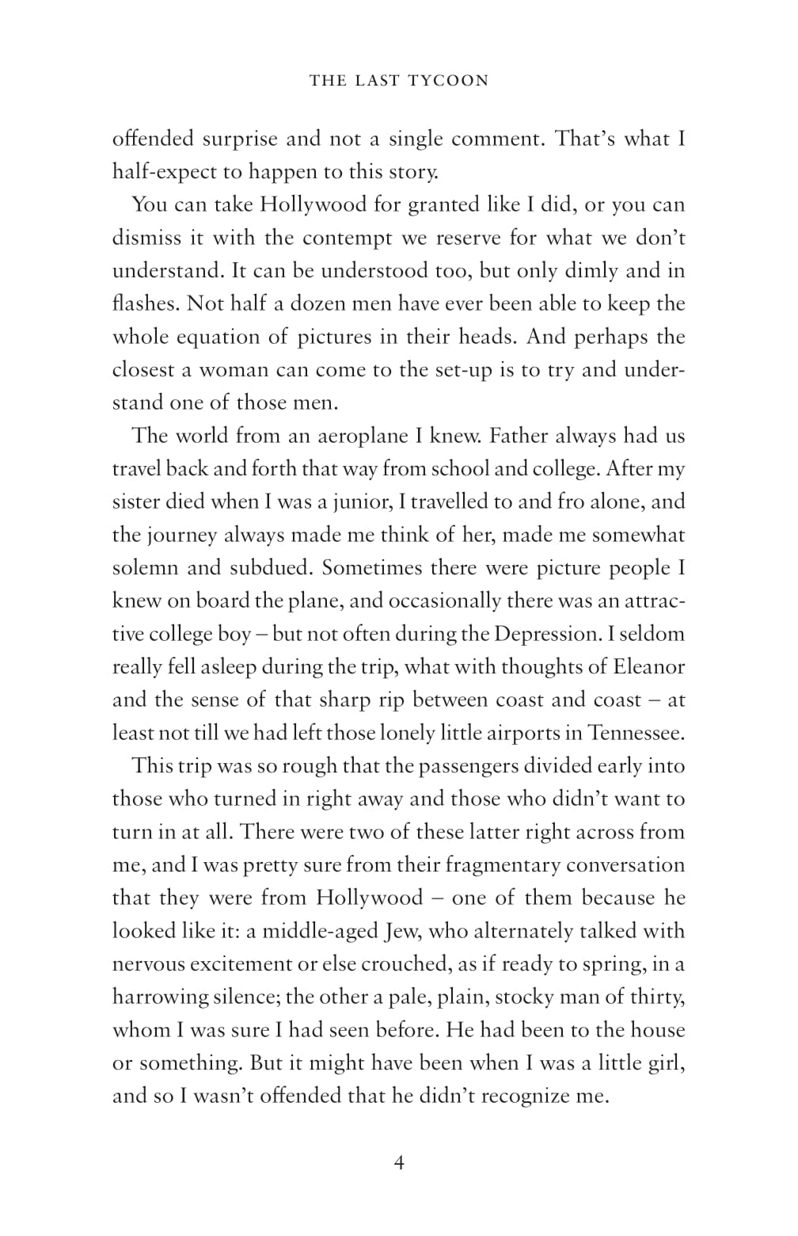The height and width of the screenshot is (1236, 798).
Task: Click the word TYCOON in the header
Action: [x=448, y=80]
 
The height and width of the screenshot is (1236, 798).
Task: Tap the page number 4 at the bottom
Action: [x=399, y=1162]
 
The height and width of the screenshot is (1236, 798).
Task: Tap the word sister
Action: [x=135, y=502]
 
